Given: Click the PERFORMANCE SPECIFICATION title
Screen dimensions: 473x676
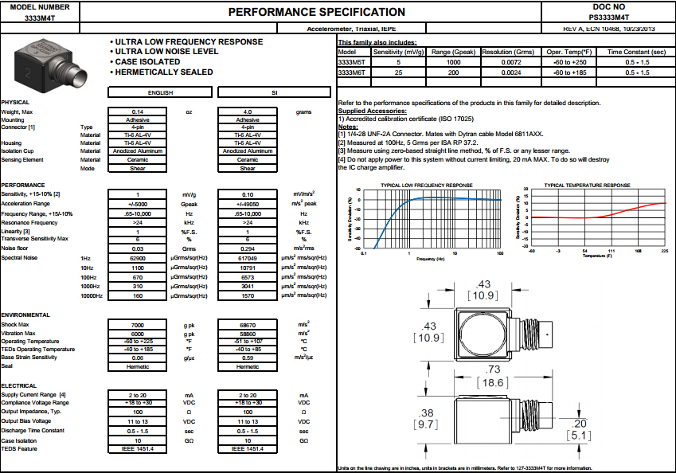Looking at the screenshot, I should coord(317,12).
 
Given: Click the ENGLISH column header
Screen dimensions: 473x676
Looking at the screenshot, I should coord(138,92).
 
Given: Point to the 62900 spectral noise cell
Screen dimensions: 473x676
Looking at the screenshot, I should coord(138,259).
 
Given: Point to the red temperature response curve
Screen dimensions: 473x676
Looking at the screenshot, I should coord(637,208).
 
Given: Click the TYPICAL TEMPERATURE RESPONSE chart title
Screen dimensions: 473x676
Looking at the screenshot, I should coord(587,185).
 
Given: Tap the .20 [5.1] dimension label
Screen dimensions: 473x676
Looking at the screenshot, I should coord(579,429).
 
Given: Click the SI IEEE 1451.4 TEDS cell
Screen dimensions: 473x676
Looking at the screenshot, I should coord(248,448).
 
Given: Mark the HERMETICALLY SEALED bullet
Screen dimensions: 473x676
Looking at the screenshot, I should coord(164,72).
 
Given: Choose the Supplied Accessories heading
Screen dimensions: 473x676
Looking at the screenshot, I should coord(373,111).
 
